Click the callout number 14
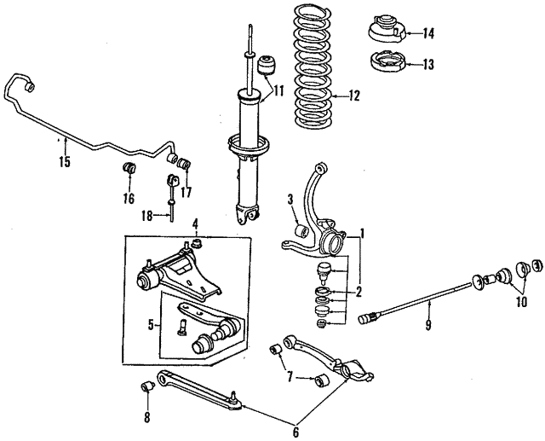click(428, 34)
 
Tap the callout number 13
click(428, 64)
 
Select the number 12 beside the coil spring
click(353, 96)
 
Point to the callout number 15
click(65, 162)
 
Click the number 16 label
click(129, 199)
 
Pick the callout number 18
click(147, 217)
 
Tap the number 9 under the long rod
click(427, 325)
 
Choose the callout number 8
click(147, 417)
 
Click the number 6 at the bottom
click(295, 432)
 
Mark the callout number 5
click(151, 325)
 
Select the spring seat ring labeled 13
click(387, 61)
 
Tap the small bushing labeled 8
click(146, 386)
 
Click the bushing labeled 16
click(129, 167)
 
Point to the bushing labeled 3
click(301, 231)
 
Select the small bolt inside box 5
click(182, 327)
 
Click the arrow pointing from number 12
click(339, 96)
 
